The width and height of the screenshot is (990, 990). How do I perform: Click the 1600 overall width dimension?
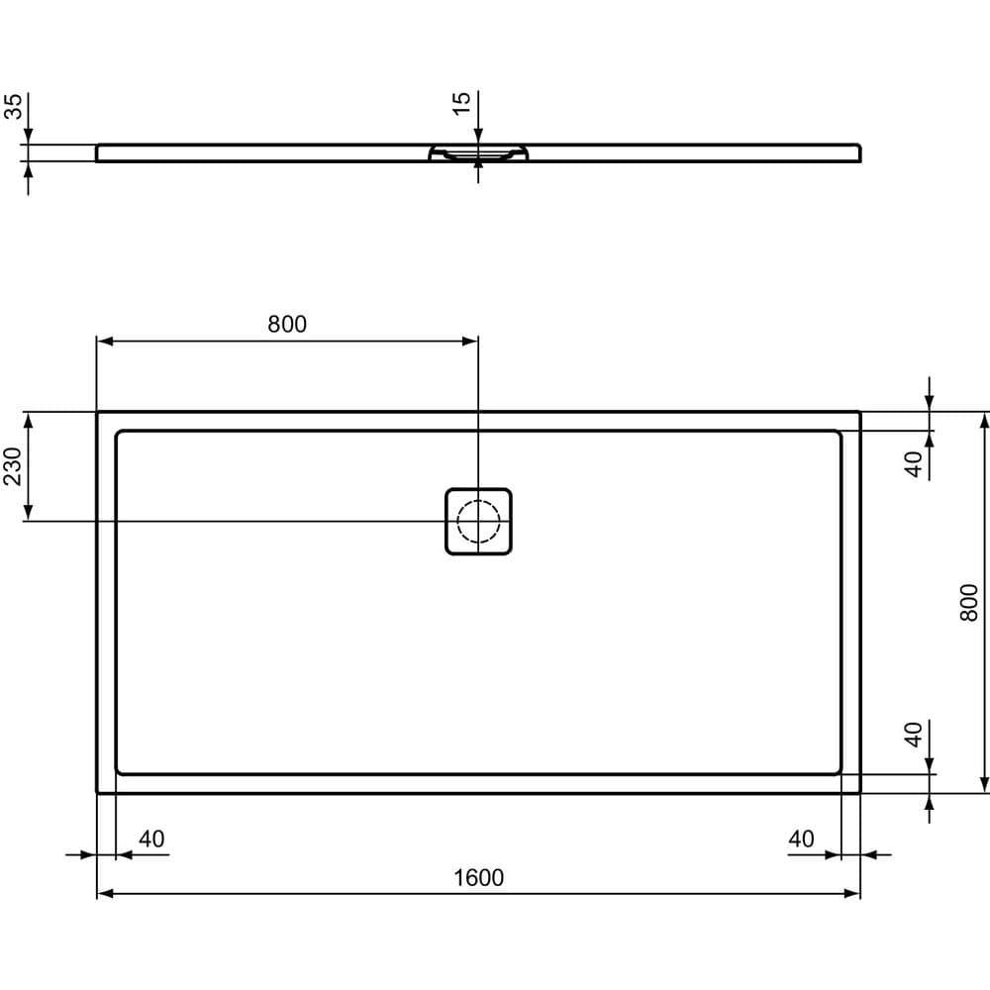pos(479,878)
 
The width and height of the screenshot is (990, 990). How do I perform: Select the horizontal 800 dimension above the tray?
pos(287,324)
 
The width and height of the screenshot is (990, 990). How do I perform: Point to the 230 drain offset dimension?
pos(12,465)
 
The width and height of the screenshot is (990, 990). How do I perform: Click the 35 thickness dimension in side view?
pos(14,107)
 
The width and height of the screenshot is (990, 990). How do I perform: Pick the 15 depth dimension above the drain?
pos(462,104)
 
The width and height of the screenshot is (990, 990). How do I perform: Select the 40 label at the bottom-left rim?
pos(151,840)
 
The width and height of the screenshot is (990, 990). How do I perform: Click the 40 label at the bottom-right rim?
pos(801,840)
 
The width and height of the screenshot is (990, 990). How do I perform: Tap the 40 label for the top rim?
pos(915,463)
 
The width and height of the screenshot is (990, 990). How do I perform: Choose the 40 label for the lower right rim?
pos(915,735)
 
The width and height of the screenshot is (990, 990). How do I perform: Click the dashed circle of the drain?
pos(478,522)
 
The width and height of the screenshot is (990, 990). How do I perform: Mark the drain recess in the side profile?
pos(479,154)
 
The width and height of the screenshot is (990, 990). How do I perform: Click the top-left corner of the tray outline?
pos(97,412)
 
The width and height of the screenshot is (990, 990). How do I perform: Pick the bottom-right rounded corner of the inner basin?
pos(837,769)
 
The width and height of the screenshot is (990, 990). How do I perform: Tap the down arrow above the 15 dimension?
pos(478,136)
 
